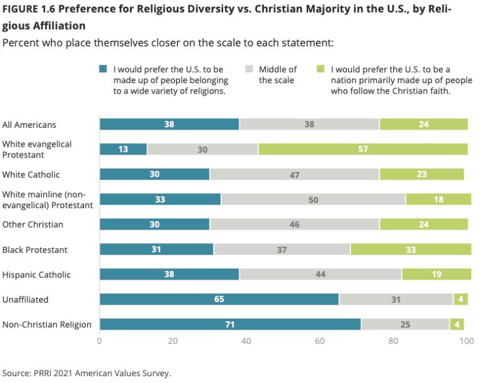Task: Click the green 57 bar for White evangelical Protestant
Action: [363, 149]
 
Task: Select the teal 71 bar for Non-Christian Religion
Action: [230, 325]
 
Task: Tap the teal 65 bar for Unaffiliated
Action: [219, 299]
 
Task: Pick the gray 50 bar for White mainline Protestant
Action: [313, 200]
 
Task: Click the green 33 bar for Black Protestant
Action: [411, 249]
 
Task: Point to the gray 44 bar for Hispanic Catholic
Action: [320, 275]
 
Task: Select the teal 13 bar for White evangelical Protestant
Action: [123, 149]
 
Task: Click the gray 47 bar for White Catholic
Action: [294, 174]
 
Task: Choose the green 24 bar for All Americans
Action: [423, 124]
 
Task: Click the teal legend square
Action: [103, 69]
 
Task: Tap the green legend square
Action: [321, 69]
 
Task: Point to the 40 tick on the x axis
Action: [247, 341]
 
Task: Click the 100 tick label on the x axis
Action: [467, 341]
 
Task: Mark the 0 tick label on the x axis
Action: [100, 341]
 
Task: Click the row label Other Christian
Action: [33, 224]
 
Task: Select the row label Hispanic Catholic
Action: [37, 275]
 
